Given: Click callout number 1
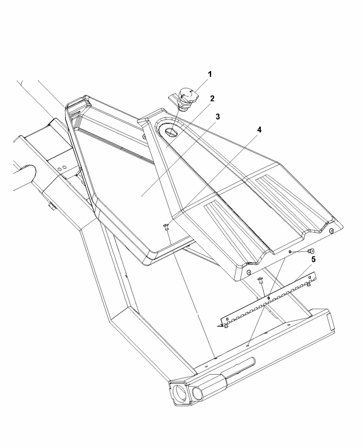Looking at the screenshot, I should coord(210,74).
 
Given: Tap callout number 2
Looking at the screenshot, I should coord(212,99).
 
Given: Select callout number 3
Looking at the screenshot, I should coord(218,117).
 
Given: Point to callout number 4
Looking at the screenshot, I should coord(259,130).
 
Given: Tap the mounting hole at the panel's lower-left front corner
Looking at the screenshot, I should coord(249,272).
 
